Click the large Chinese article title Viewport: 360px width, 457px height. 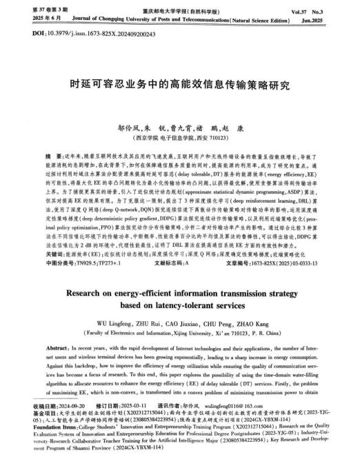tap(180, 87)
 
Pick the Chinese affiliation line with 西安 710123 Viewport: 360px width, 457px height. tap(179, 138)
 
